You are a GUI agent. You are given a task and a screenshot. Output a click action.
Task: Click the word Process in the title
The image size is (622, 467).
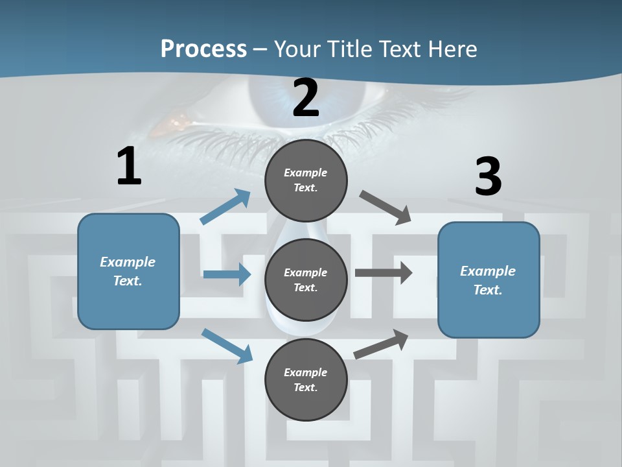[x=203, y=49]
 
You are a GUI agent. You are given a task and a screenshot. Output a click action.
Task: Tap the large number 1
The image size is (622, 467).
[x=130, y=167]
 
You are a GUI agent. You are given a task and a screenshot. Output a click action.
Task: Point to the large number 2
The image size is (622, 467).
[x=306, y=98]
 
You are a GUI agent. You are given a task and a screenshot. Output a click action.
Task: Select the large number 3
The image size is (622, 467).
[x=489, y=176]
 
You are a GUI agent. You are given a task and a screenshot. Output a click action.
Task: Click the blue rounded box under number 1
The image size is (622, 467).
[x=128, y=271]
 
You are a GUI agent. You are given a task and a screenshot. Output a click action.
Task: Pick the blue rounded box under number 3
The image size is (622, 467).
[x=489, y=280]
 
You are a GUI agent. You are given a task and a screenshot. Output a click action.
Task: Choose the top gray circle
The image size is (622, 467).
[x=306, y=180]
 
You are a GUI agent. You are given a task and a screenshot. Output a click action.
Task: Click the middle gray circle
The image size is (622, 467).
[x=306, y=280]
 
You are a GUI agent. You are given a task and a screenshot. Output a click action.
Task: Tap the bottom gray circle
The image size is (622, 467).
[x=306, y=379]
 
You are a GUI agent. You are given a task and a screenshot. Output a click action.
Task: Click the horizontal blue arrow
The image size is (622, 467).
[x=227, y=274]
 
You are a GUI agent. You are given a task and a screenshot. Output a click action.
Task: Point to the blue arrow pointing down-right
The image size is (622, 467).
[x=227, y=346]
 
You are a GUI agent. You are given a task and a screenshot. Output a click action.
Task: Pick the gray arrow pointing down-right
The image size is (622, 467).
[x=386, y=208]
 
